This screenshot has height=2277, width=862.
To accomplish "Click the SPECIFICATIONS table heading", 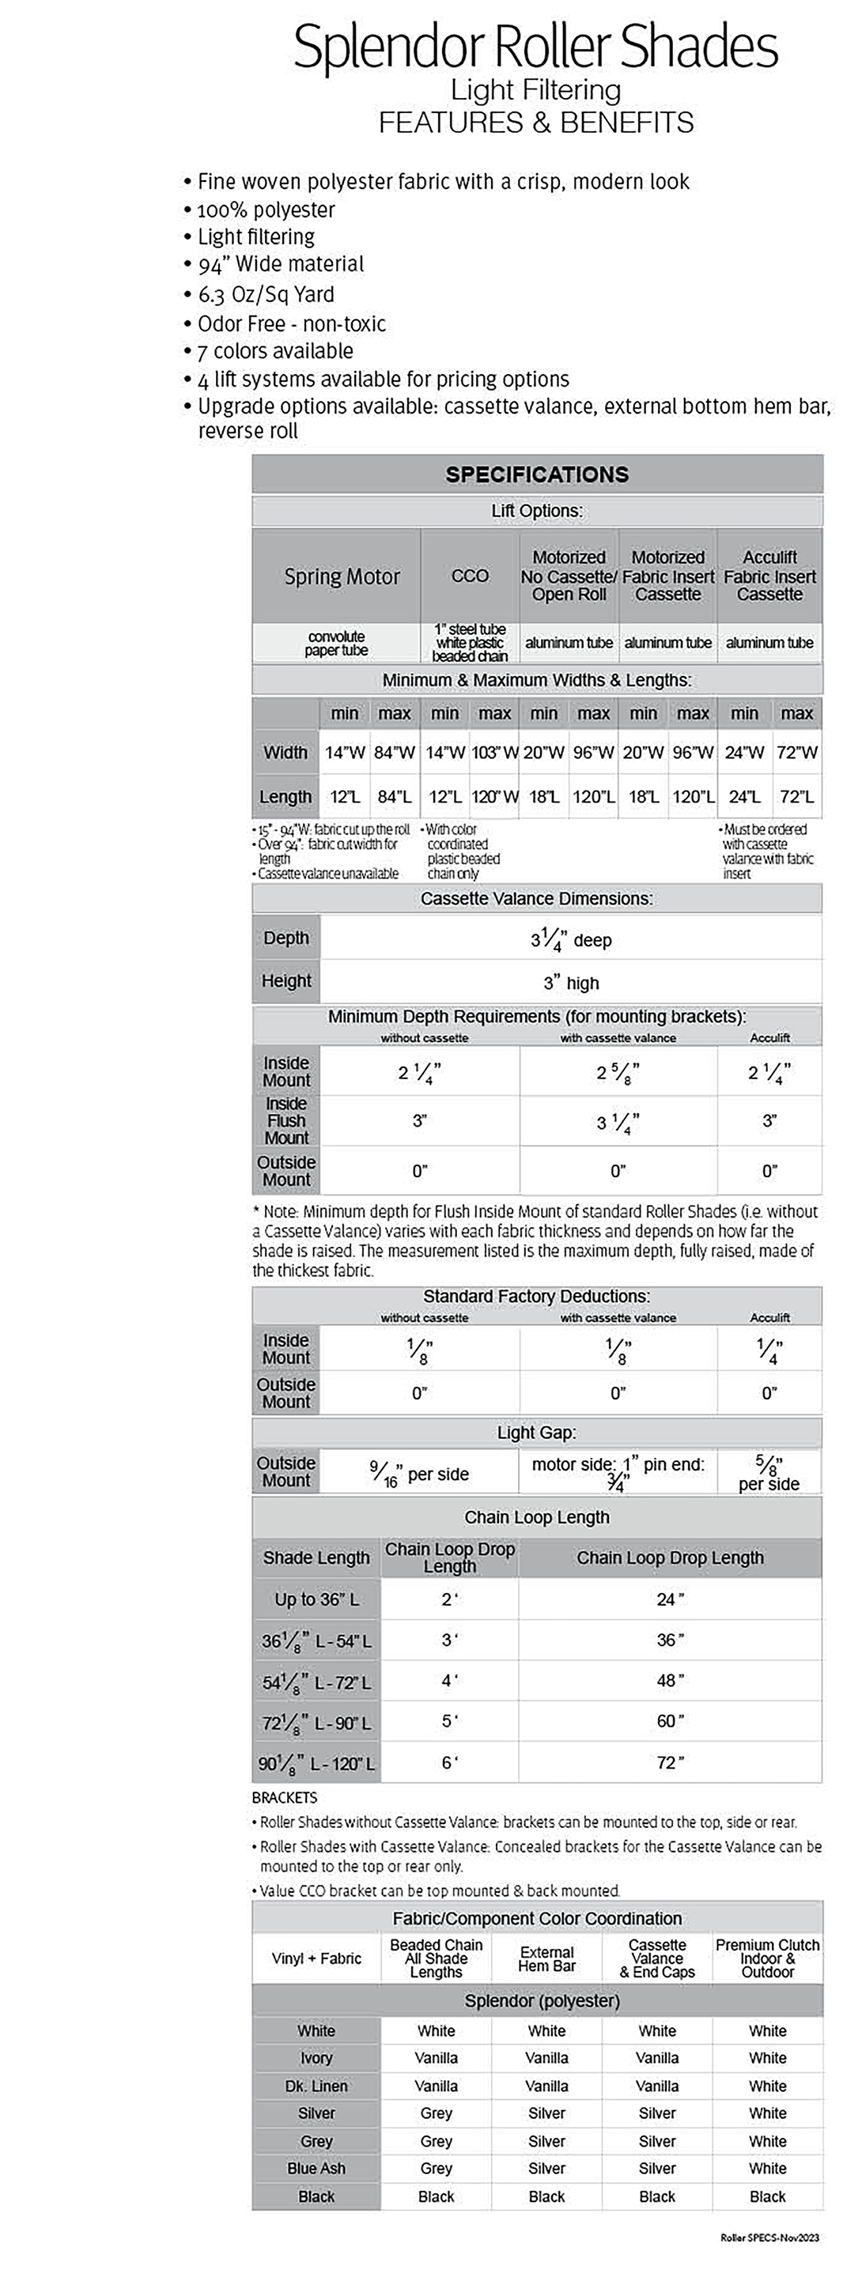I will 537,474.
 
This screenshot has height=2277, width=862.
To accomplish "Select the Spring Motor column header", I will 342,577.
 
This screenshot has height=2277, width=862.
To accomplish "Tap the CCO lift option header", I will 470,576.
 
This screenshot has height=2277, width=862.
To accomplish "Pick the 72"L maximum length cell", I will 796,797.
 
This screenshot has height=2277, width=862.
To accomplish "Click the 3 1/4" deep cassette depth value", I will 570,939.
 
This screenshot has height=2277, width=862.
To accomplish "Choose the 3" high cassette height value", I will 570,983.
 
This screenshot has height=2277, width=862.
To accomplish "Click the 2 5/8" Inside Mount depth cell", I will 617,1073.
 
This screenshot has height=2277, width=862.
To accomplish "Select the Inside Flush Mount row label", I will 286,1121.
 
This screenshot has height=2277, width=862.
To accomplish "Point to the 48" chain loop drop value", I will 670,1680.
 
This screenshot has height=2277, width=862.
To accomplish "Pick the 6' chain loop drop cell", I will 449,1762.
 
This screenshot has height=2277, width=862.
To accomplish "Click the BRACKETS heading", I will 284,1797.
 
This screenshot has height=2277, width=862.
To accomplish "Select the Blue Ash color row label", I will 316,2168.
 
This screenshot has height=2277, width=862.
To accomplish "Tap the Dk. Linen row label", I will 316,2086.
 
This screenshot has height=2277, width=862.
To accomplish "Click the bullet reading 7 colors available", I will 275,351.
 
